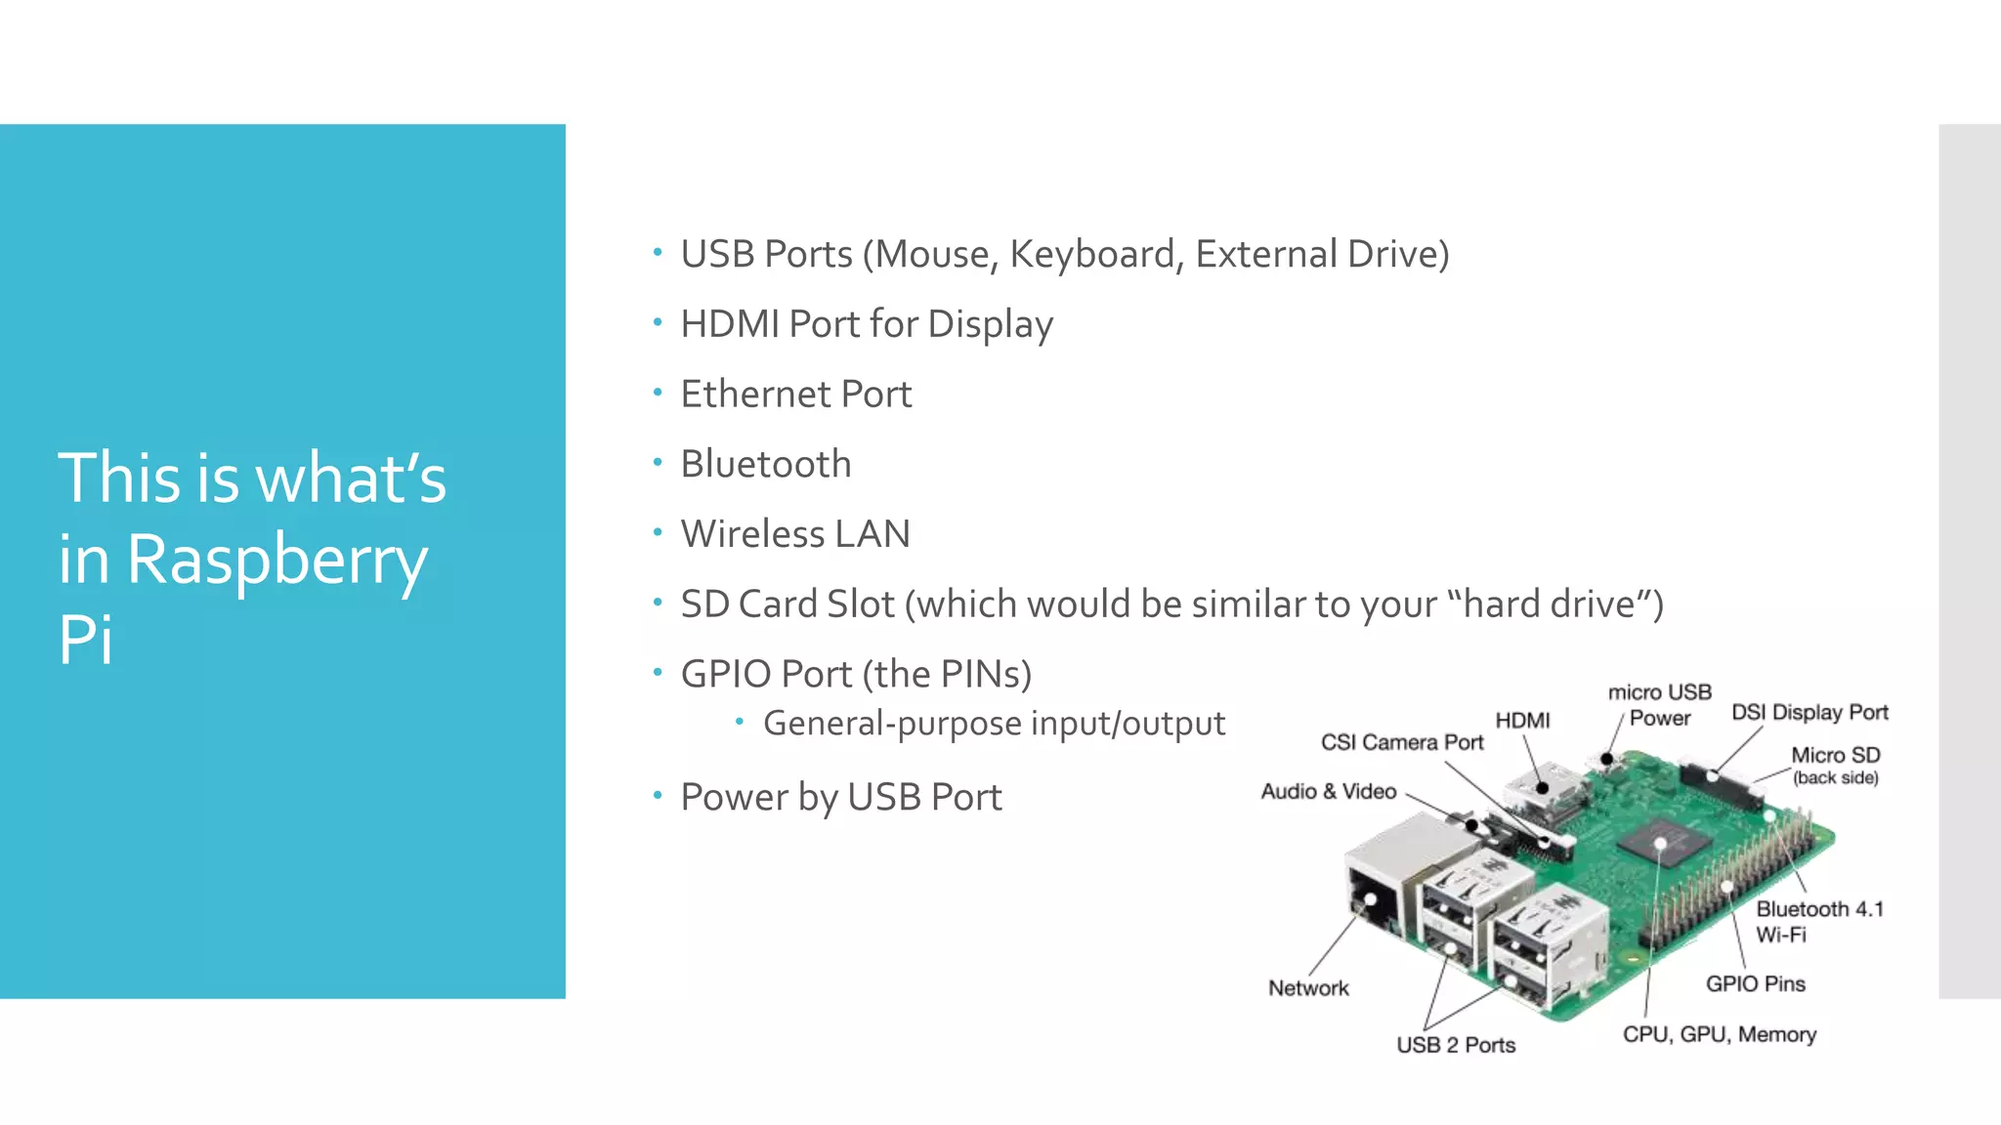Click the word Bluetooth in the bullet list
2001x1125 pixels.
point(766,464)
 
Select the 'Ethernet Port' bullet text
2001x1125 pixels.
point(795,394)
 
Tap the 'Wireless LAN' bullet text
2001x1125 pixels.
point(795,534)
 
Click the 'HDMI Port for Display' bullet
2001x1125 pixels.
point(867,324)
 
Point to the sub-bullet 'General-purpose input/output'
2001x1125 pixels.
point(994,724)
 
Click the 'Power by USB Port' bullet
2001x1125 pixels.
point(841,797)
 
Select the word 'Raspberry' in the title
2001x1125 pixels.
point(277,561)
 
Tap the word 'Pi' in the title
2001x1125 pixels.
point(86,640)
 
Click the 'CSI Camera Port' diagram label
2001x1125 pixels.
point(1402,742)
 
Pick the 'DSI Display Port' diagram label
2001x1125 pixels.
point(1809,712)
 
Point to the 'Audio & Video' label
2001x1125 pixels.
point(1328,791)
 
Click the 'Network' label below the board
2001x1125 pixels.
point(1308,988)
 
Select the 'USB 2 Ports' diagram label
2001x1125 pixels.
point(1456,1045)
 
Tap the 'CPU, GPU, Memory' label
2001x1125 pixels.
point(1720,1034)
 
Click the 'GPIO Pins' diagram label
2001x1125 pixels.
point(1756,983)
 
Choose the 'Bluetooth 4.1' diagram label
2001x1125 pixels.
point(1819,909)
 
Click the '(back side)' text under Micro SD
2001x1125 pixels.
point(1835,777)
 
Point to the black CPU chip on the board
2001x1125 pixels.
point(1661,841)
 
